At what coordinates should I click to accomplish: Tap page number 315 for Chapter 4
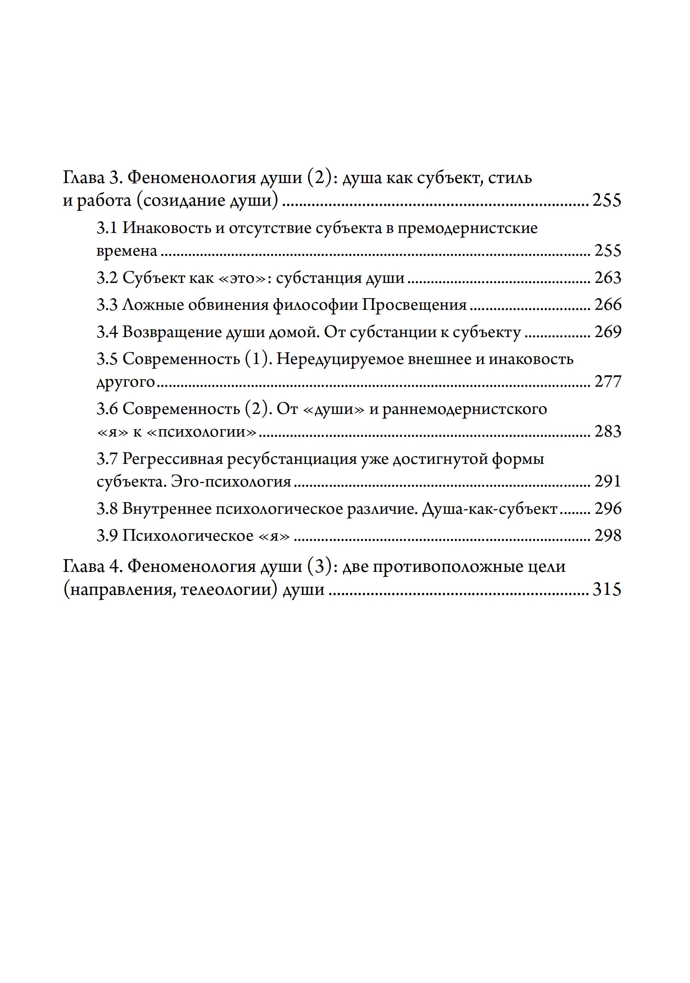(x=606, y=590)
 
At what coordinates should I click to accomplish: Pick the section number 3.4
(x=107, y=332)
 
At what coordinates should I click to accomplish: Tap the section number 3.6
(x=107, y=409)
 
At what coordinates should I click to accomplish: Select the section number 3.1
(x=107, y=228)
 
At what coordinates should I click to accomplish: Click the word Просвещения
(x=414, y=305)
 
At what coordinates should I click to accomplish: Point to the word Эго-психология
(x=231, y=482)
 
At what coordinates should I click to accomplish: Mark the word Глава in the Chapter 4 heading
(x=84, y=567)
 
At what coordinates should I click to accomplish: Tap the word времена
(x=127, y=251)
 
